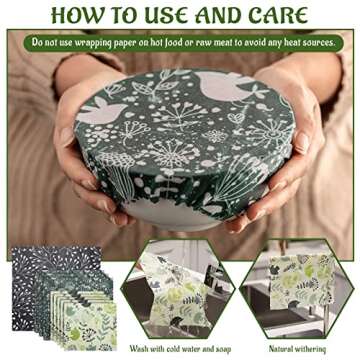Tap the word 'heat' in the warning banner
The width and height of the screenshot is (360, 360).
point(291,42)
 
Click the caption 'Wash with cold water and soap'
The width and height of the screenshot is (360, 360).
point(180,349)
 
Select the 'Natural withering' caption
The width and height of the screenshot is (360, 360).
point(297,349)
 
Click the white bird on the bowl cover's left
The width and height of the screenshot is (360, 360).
point(102,110)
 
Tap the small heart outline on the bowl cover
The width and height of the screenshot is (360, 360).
point(233,118)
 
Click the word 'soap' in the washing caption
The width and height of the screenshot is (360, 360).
point(223,350)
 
